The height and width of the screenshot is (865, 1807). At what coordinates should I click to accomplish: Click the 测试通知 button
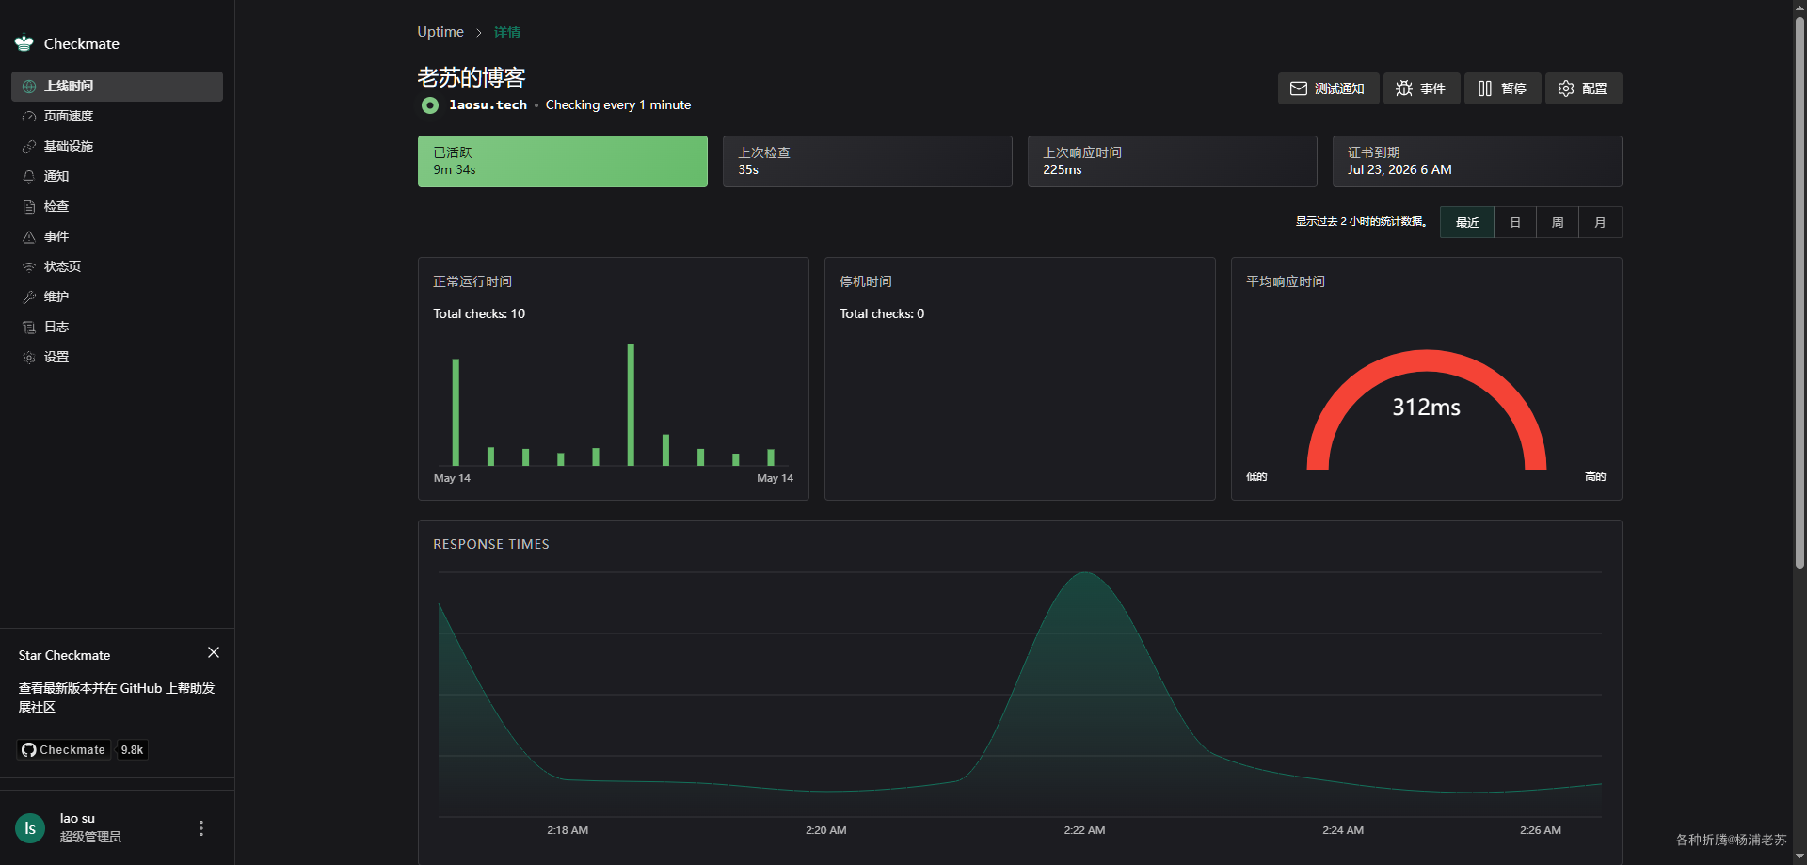(x=1328, y=88)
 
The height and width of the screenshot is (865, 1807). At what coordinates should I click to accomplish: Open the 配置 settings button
(x=1583, y=88)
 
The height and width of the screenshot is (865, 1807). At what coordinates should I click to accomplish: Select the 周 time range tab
(x=1558, y=222)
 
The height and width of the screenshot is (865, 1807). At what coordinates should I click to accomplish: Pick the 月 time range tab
(x=1600, y=222)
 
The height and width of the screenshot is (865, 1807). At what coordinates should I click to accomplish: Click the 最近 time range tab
(x=1467, y=222)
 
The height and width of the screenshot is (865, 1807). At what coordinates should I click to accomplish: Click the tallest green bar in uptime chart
(x=631, y=405)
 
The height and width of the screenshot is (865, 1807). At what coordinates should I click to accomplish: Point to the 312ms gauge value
(x=1426, y=407)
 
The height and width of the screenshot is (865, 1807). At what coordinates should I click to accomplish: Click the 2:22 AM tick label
(x=1084, y=830)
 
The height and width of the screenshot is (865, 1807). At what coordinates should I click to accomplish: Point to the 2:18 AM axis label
(x=568, y=830)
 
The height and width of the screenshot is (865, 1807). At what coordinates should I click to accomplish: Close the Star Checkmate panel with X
(x=214, y=652)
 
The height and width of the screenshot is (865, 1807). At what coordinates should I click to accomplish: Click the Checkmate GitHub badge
(x=83, y=749)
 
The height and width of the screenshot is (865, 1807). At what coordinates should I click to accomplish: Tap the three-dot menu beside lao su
(x=200, y=828)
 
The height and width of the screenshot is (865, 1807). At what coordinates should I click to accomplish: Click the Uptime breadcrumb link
(x=440, y=32)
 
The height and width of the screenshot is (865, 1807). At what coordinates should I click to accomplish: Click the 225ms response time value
(x=1063, y=170)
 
